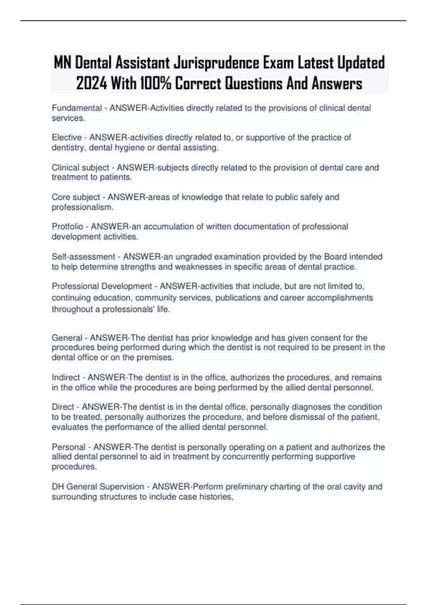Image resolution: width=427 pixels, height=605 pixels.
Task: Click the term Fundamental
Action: click(77, 108)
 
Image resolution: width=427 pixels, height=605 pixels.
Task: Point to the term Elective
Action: click(67, 138)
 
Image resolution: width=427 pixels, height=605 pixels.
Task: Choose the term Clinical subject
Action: click(80, 168)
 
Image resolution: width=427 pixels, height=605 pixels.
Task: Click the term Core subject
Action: click(76, 197)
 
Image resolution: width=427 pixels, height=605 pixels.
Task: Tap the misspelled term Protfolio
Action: click(67, 227)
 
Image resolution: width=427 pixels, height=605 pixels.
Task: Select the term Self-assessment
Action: click(83, 257)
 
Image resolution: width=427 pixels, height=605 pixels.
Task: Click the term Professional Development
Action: click(102, 286)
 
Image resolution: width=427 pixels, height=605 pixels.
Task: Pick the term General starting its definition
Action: click(67, 338)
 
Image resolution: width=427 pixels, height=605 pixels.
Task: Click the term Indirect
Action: click(66, 377)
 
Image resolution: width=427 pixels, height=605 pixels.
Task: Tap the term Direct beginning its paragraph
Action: click(63, 407)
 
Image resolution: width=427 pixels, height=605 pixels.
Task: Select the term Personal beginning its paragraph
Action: click(69, 447)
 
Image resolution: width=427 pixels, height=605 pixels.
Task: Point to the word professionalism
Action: click(83, 207)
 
